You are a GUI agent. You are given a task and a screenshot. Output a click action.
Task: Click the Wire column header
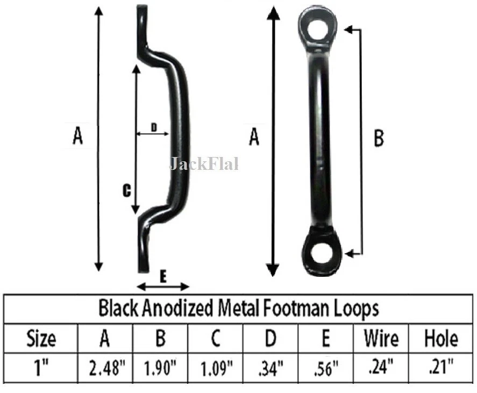(x=381, y=339)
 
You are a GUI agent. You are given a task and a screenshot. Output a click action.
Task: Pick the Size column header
(x=41, y=339)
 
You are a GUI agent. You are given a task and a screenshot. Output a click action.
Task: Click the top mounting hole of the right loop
(x=319, y=25)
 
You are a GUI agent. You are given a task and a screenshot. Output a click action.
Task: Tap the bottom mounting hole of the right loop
(x=322, y=253)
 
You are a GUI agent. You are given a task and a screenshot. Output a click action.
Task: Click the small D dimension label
(x=153, y=127)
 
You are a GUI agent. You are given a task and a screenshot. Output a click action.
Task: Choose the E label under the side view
(x=163, y=277)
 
